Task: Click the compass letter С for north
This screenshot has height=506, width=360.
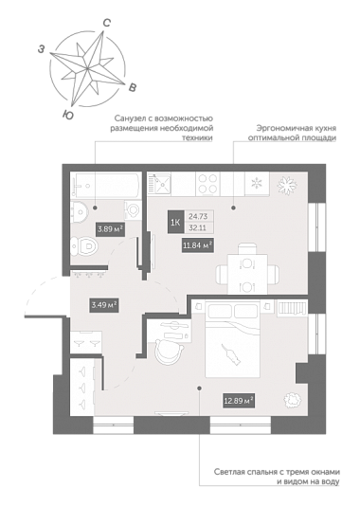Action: tap(107, 23)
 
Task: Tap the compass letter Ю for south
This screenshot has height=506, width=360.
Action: tap(68, 115)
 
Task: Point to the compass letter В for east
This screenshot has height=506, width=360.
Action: tap(133, 87)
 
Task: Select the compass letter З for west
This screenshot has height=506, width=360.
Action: tap(41, 49)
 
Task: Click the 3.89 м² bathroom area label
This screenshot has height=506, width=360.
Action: tap(111, 229)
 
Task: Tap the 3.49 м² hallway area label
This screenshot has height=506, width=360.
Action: tap(103, 305)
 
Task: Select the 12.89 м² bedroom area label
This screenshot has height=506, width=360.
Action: tap(239, 401)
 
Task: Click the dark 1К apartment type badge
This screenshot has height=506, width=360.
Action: tap(176, 223)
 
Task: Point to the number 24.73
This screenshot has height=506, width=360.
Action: tap(198, 217)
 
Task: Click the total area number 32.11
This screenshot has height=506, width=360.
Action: tap(198, 228)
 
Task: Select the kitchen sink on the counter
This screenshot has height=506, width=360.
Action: tap(159, 184)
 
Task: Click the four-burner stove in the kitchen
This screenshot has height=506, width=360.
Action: tap(207, 184)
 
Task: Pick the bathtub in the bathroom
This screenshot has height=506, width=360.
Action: tap(106, 185)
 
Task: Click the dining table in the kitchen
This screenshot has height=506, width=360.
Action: tap(247, 274)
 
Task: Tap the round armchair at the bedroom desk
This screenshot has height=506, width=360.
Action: tap(169, 352)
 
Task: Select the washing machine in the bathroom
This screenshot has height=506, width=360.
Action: tap(133, 210)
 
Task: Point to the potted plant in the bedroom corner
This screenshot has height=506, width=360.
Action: tap(293, 401)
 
